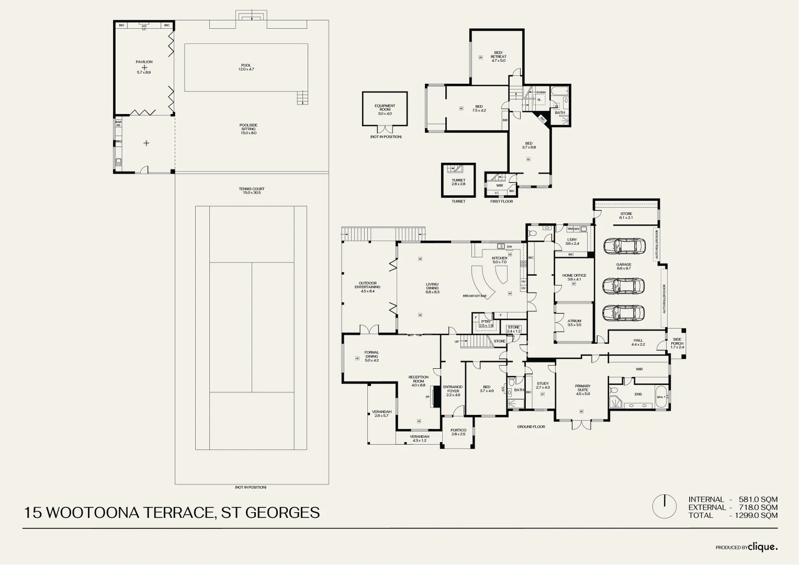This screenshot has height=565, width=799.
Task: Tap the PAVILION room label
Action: point(144,62)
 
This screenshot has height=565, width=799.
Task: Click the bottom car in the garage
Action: point(623,313)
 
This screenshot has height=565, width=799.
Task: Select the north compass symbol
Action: point(665,506)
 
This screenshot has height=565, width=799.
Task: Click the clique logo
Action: point(762,547)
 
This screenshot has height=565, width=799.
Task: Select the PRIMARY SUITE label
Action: point(582,388)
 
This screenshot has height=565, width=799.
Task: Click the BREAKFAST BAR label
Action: point(475,296)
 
